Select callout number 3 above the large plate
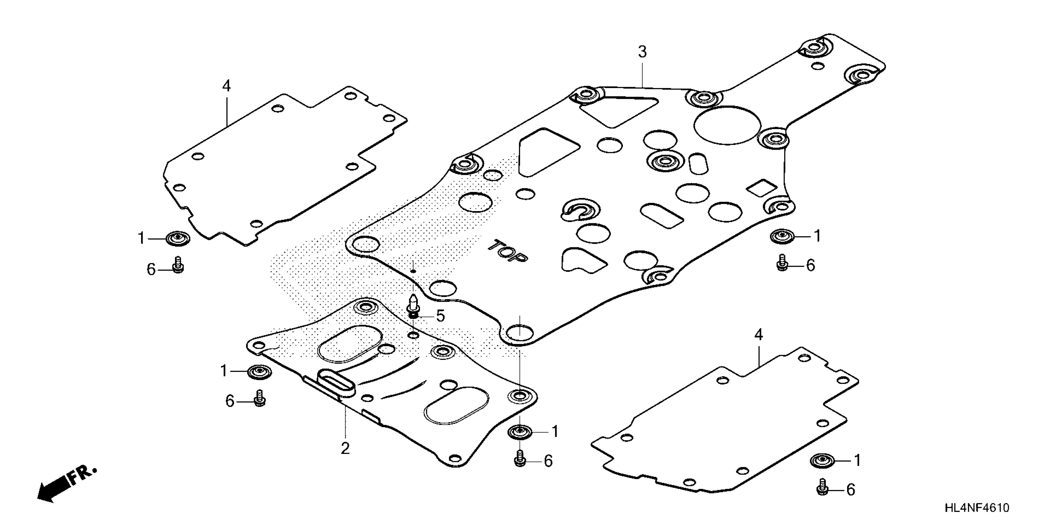(x=642, y=52)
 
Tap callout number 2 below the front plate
(x=345, y=448)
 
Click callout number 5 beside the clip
(x=440, y=316)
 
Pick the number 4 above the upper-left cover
(x=227, y=86)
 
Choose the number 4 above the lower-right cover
(x=758, y=335)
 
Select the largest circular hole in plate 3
(x=727, y=125)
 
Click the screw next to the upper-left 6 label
(x=178, y=265)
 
